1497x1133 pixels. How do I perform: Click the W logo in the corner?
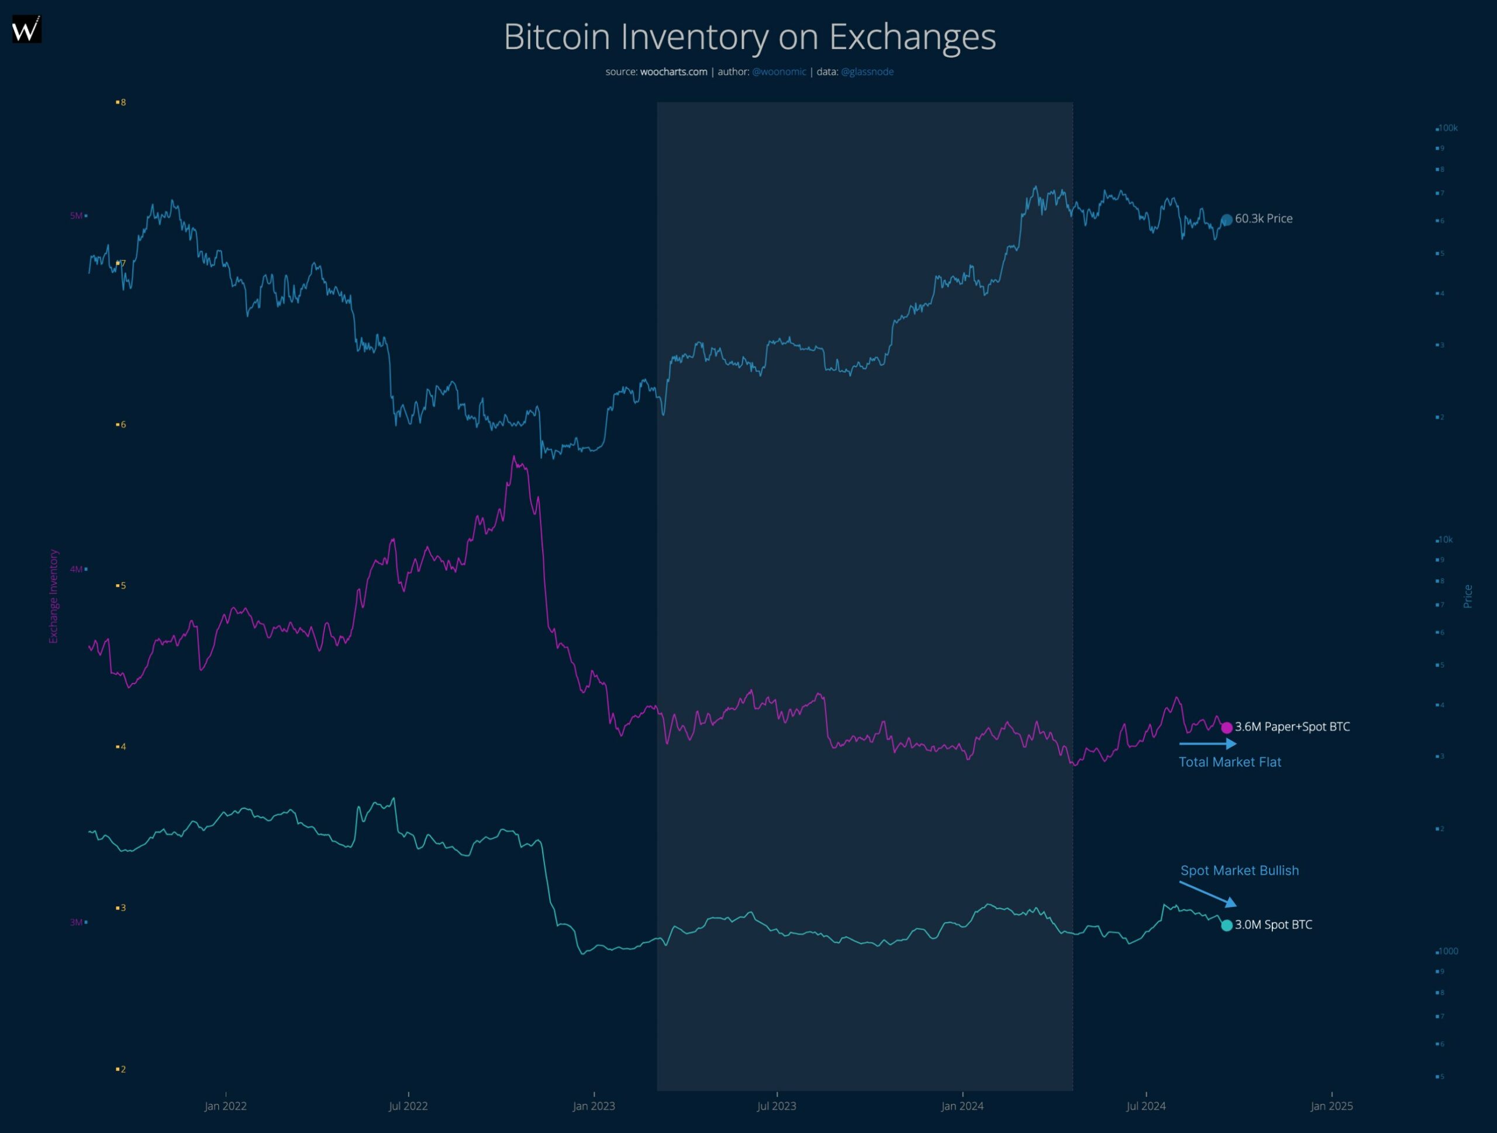(26, 29)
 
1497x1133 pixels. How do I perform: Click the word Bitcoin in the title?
(556, 37)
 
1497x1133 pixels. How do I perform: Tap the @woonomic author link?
(779, 72)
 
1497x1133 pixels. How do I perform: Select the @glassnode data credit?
(867, 72)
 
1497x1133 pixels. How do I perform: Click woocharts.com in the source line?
(674, 72)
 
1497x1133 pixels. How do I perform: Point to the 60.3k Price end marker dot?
(1226, 220)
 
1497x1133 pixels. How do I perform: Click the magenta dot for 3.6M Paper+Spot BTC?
(1226, 728)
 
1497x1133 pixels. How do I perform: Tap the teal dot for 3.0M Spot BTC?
(1226, 926)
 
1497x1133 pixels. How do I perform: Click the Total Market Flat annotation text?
(1230, 763)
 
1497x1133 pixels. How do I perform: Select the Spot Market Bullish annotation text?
(1239, 871)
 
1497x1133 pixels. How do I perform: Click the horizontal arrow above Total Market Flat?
(1208, 744)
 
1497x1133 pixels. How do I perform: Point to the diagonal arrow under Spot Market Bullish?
(1208, 893)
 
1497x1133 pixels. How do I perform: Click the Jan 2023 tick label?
(594, 1106)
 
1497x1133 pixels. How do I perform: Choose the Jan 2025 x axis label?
(1331, 1106)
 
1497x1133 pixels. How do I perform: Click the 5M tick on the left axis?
(77, 216)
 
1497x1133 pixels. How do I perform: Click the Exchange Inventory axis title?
(53, 596)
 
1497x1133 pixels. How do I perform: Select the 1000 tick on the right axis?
(1448, 951)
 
